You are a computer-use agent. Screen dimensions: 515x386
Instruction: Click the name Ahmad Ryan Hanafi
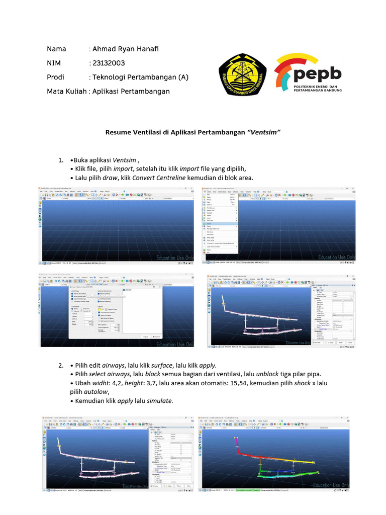126,49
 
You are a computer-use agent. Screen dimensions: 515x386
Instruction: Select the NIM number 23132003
108,63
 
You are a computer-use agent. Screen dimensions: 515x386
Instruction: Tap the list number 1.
61,160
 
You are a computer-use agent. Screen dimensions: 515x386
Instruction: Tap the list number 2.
61,364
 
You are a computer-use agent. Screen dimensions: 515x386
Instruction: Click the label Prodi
56,77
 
